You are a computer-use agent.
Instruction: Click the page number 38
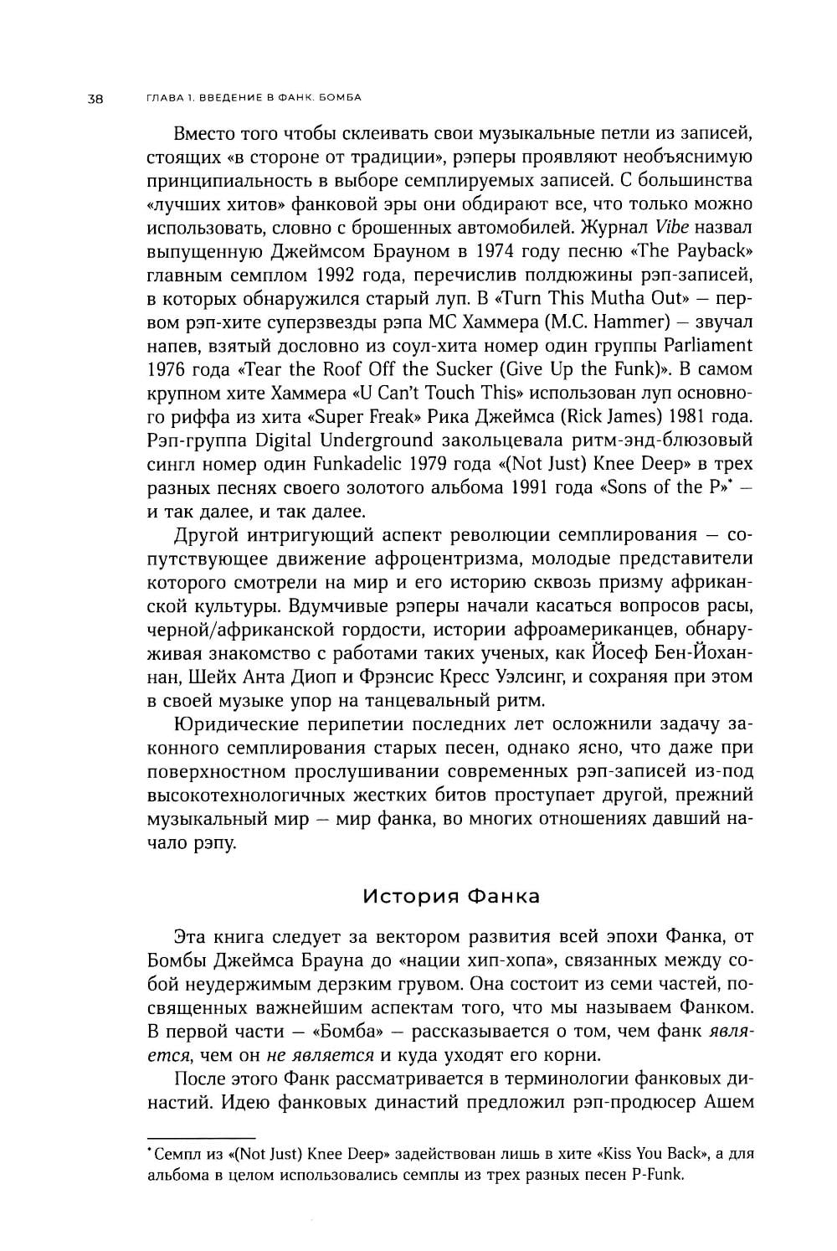click(94, 99)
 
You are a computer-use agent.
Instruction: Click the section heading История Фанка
click(452, 897)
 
